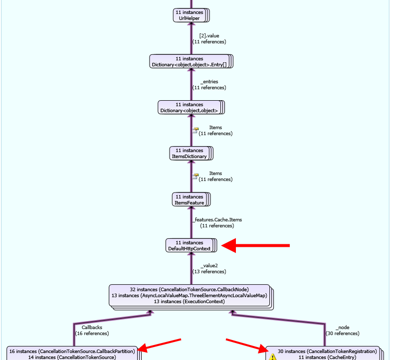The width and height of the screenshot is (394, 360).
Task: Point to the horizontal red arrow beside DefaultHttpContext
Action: tap(255, 245)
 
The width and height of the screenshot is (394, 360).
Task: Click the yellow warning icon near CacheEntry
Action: tap(273, 357)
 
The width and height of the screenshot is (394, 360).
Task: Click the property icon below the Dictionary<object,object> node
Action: tap(196, 130)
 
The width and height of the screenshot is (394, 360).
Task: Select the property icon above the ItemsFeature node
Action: tap(196, 176)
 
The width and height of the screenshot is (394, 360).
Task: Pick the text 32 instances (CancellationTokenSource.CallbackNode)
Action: tap(189, 289)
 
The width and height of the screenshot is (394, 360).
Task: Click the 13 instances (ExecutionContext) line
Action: tap(189, 302)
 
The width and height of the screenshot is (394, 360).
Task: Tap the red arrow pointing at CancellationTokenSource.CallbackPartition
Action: tap(159, 345)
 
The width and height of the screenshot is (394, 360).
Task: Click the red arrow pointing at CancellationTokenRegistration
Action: tap(247, 346)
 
